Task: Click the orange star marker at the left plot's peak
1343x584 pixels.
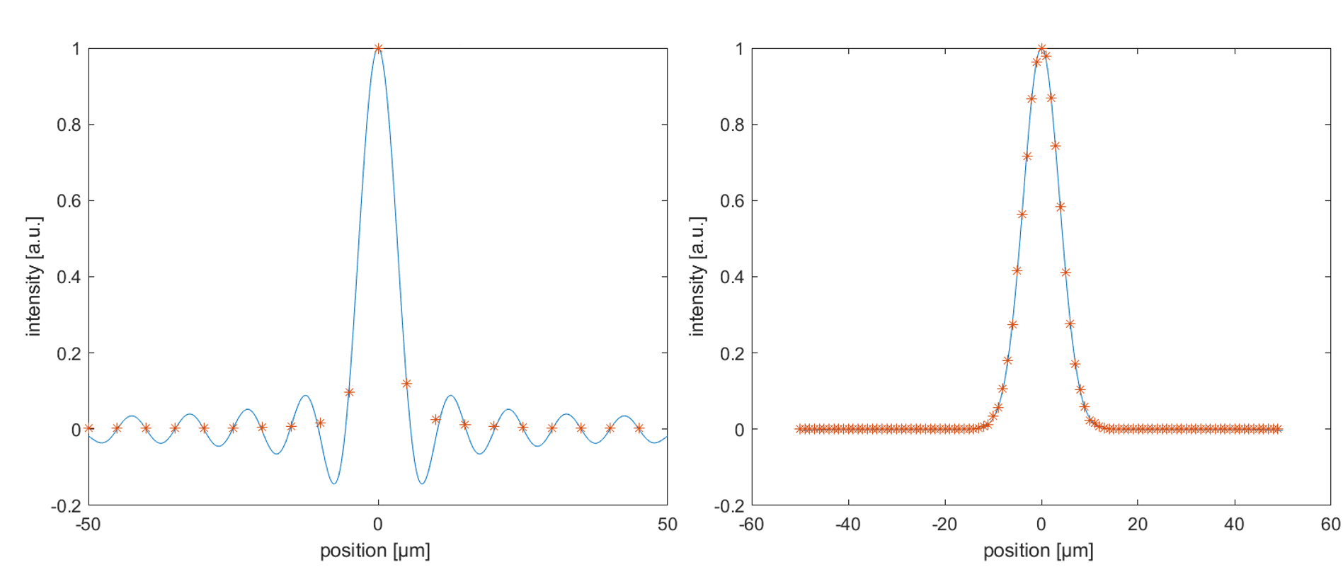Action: point(378,48)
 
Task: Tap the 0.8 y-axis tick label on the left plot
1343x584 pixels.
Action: point(69,125)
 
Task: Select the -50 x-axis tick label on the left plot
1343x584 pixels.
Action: point(88,525)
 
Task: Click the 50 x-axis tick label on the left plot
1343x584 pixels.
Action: point(668,525)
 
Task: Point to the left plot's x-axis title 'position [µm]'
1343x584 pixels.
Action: point(375,551)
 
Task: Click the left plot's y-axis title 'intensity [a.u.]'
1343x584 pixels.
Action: point(33,276)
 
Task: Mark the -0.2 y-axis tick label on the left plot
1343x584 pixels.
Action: point(66,506)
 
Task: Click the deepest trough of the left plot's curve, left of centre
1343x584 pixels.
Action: point(334,483)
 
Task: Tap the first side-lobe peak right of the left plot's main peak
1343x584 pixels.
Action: point(450,396)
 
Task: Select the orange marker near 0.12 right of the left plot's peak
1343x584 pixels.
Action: point(406,384)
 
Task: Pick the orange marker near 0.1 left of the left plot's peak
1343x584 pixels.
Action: point(349,391)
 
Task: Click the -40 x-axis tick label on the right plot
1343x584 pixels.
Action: point(848,525)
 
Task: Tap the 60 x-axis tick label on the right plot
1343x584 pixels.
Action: point(1331,525)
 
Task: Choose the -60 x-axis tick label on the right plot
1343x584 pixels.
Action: point(751,525)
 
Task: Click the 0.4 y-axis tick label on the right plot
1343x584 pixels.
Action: point(732,277)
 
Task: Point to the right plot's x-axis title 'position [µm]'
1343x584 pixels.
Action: point(1039,551)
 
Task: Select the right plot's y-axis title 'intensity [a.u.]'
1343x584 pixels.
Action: point(697,276)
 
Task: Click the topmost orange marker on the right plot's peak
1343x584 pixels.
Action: point(1041,48)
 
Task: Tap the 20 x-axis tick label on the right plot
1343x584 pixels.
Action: point(1138,525)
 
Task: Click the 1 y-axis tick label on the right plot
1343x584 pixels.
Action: point(740,49)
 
